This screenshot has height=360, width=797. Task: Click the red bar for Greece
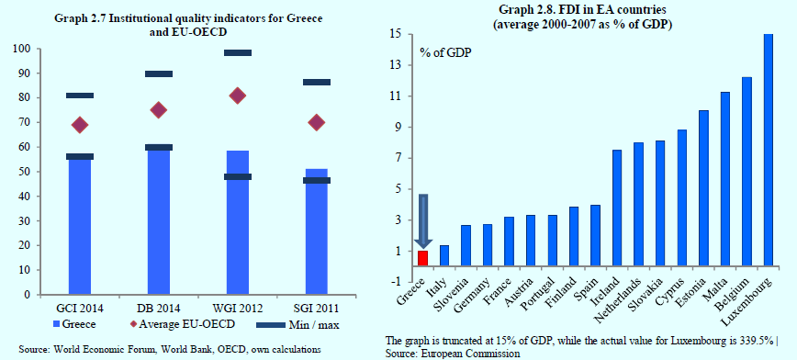[423, 258]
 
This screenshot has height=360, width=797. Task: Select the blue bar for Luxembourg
[769, 150]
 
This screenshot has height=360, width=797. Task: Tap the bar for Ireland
[616, 208]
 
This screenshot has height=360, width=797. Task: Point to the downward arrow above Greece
[423, 221]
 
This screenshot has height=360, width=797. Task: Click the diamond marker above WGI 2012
[238, 96]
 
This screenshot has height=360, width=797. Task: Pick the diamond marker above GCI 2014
[79, 125]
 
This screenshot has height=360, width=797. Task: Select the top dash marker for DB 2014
[159, 73]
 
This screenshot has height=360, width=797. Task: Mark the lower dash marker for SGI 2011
[317, 181]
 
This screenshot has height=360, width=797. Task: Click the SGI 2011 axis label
[317, 309]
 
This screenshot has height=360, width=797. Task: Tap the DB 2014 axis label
[159, 309]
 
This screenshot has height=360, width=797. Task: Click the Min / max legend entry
[297, 324]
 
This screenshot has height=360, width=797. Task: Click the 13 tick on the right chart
[397, 65]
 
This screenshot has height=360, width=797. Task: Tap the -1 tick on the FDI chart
[397, 282]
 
